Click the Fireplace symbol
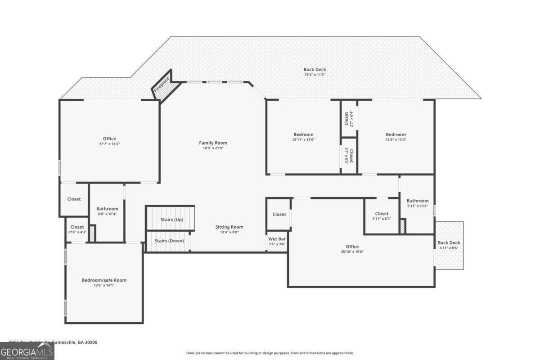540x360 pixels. click(162, 86)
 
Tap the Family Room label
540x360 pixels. click(213, 143)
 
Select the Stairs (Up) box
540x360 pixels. click(171, 219)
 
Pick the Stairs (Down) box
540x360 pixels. click(169, 241)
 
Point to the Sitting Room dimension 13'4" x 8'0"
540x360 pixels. click(229, 232)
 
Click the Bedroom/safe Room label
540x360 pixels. click(104, 280)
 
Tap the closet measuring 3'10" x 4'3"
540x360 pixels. click(77, 229)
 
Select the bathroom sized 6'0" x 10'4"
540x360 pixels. click(107, 211)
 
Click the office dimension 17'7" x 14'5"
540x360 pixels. click(109, 144)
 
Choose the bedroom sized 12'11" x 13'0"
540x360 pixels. click(303, 137)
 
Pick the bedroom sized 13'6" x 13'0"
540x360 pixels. click(396, 137)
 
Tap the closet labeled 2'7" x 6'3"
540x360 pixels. click(349, 156)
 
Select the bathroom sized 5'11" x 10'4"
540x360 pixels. click(418, 203)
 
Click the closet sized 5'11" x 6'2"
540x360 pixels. click(382, 216)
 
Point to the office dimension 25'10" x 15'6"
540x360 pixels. click(352, 252)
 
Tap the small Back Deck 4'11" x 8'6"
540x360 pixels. click(449, 245)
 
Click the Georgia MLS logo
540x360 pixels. click(27, 351)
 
